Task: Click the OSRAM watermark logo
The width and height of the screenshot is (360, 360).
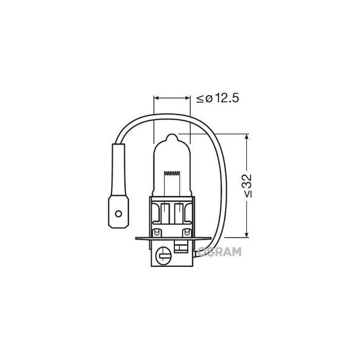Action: pos(220,251)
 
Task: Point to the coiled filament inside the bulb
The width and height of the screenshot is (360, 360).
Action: pos(172,173)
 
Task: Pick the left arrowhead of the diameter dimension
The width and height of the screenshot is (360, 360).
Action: pos(157,97)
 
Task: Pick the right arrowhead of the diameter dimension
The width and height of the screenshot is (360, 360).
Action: pos(188,97)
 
